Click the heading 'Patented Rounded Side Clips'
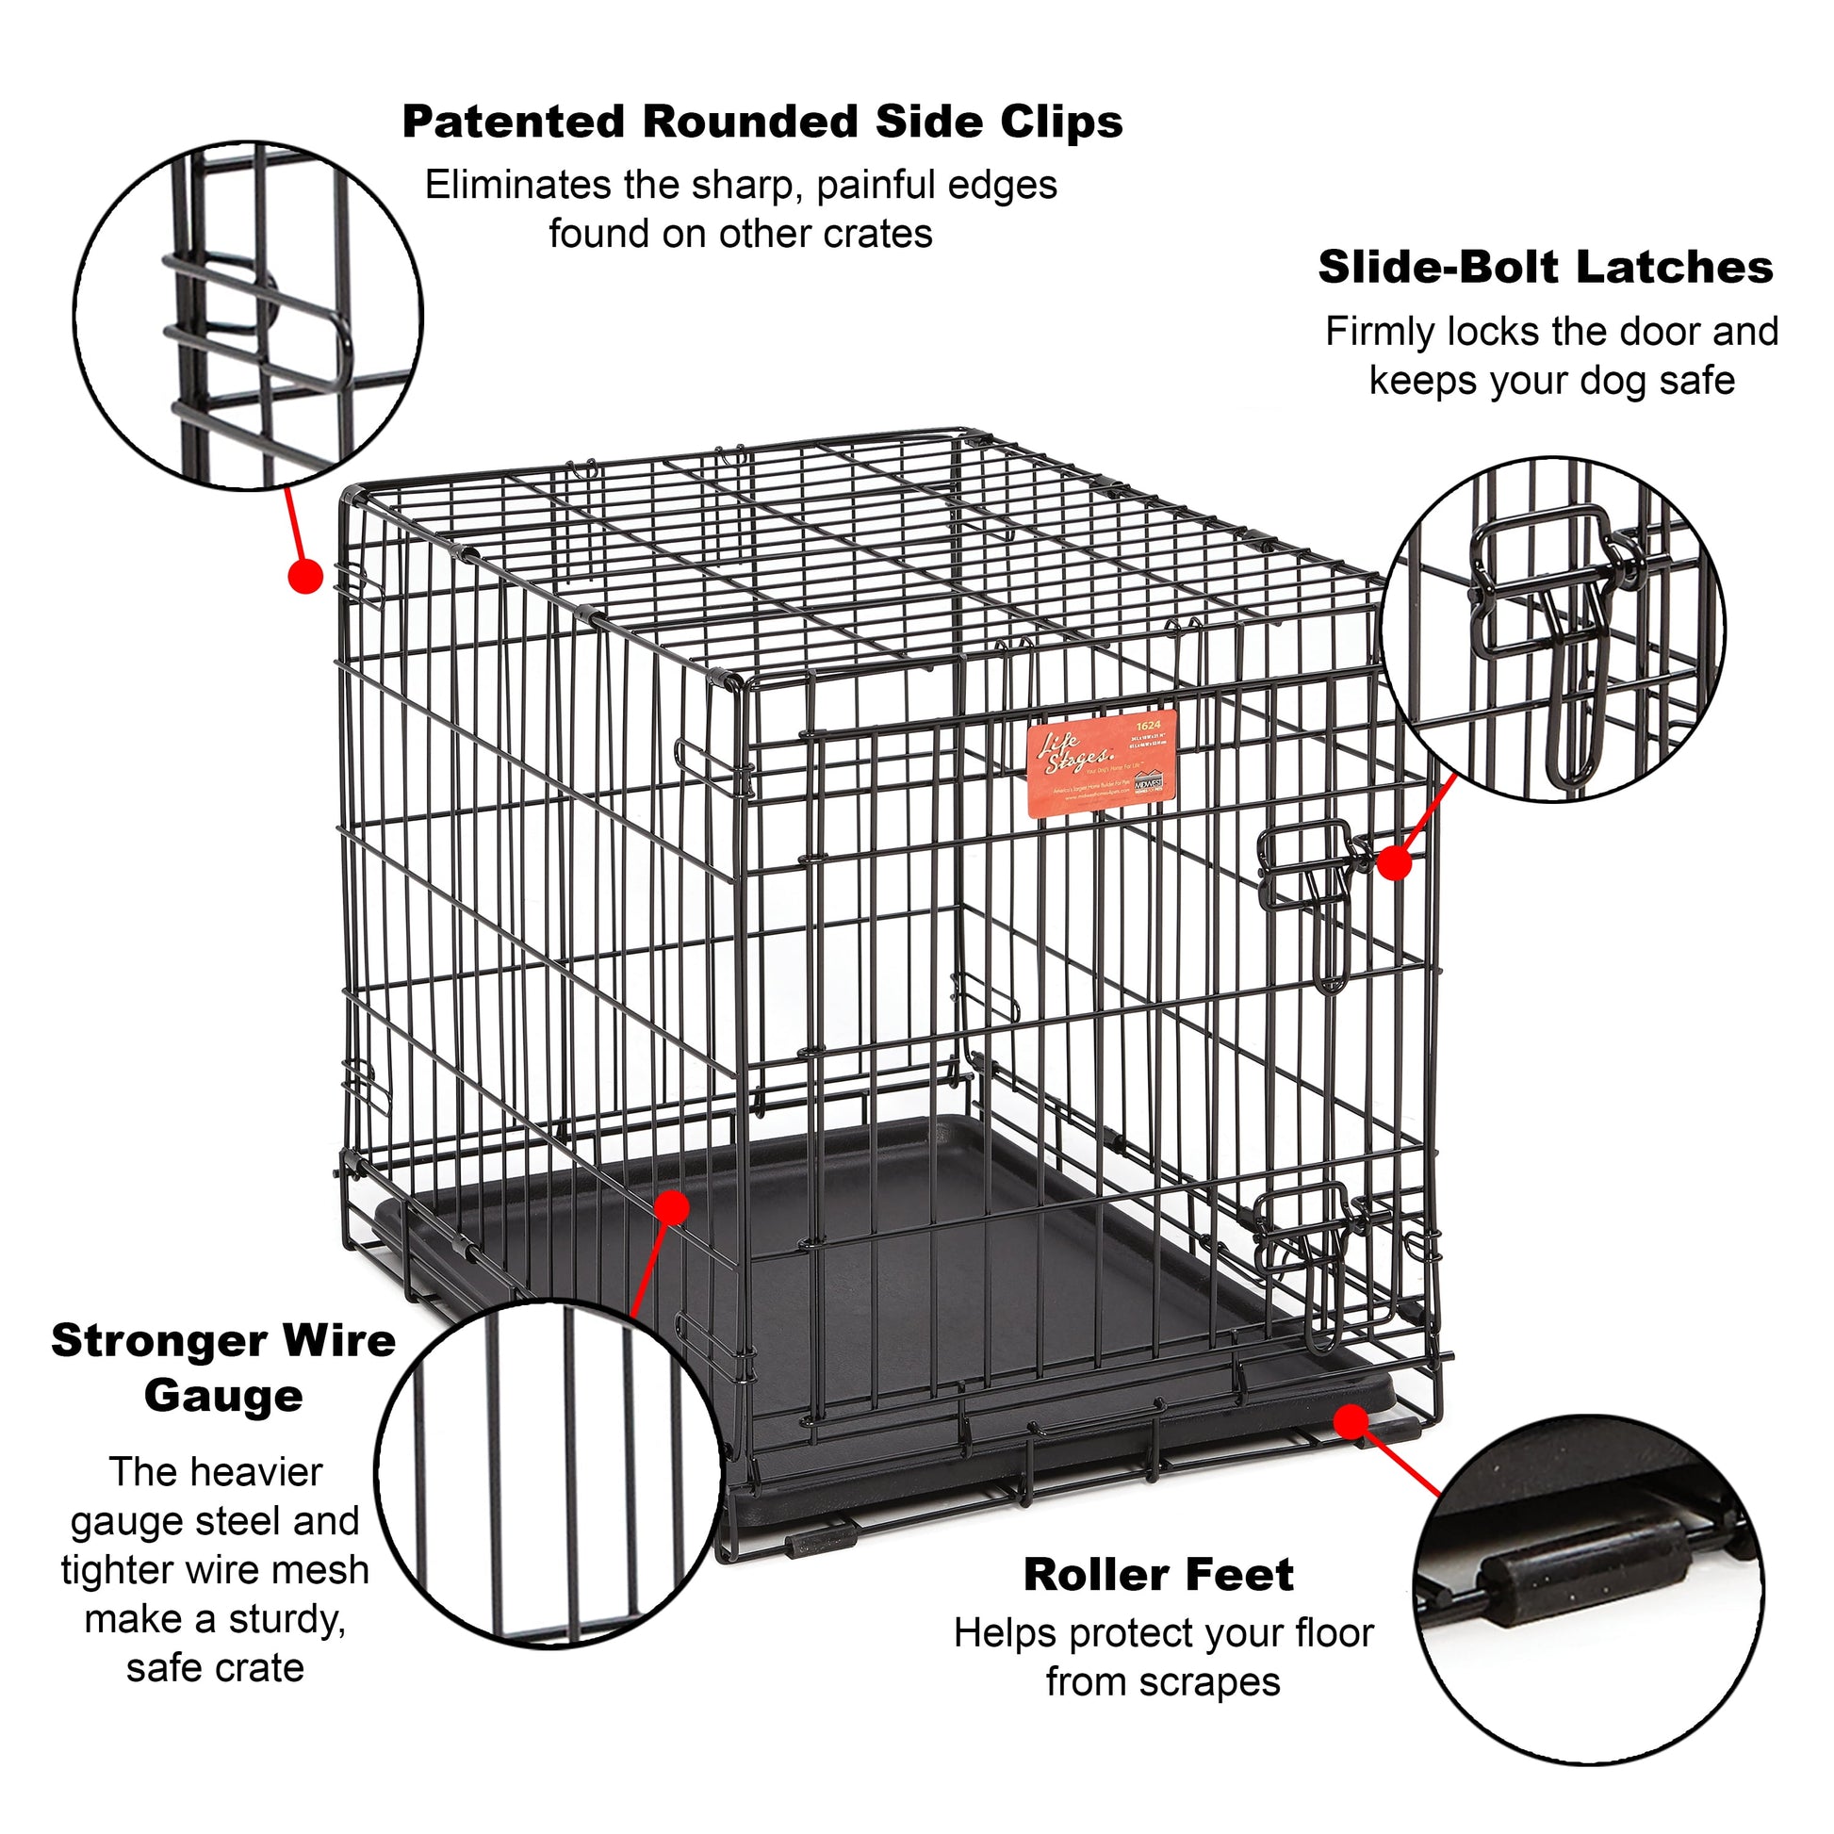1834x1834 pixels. tap(761, 123)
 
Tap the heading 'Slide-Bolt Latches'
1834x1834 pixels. tap(1545, 268)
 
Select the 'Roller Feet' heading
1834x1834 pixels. tap(1157, 1575)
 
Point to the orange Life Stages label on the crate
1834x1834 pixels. tap(1102, 762)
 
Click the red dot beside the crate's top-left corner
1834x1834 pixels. tap(305, 576)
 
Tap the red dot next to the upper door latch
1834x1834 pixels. tap(1394, 863)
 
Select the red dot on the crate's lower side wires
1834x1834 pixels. tap(672, 1208)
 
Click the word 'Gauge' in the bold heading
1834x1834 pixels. tap(223, 1397)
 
